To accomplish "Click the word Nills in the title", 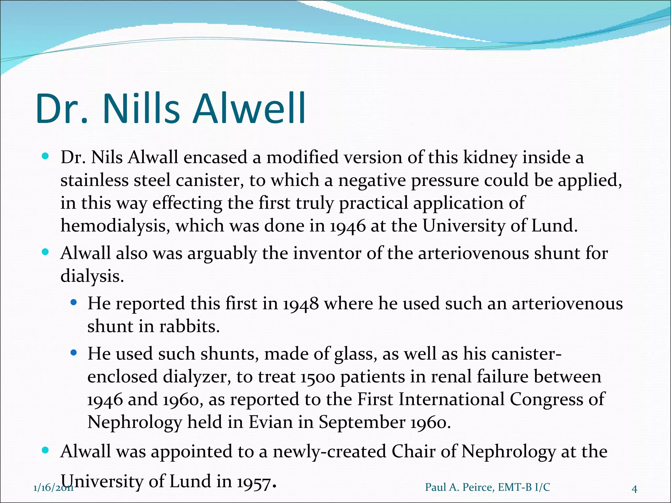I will tap(142, 109).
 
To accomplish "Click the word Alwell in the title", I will tap(249, 109).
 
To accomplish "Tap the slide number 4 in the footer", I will tap(634, 489).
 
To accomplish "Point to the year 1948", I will tap(300, 304).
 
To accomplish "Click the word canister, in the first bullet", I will tap(210, 180).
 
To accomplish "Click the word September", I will tap(362, 422).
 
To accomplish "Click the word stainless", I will tap(94, 180).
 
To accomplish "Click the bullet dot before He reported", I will tap(74, 303).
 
